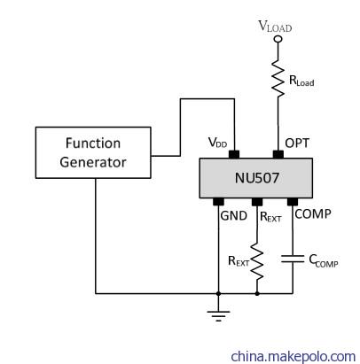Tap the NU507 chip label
coord(257,178)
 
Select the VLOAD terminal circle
coord(278,39)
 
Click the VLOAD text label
coord(275,27)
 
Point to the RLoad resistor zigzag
coord(278,79)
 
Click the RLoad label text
coord(301,81)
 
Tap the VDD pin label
coord(217,143)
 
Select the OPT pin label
coord(297,143)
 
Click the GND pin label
coord(234,216)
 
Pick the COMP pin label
coord(313,214)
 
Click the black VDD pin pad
coord(234,154)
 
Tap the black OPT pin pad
coord(278,154)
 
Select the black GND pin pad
coord(218,202)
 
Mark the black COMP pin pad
coord(293,202)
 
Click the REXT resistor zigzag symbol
coord(257,261)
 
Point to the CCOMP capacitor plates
coord(293,259)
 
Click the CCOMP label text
coord(324,261)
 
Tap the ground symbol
coord(218,315)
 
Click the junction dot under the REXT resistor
coord(257,294)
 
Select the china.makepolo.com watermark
coord(293,356)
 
